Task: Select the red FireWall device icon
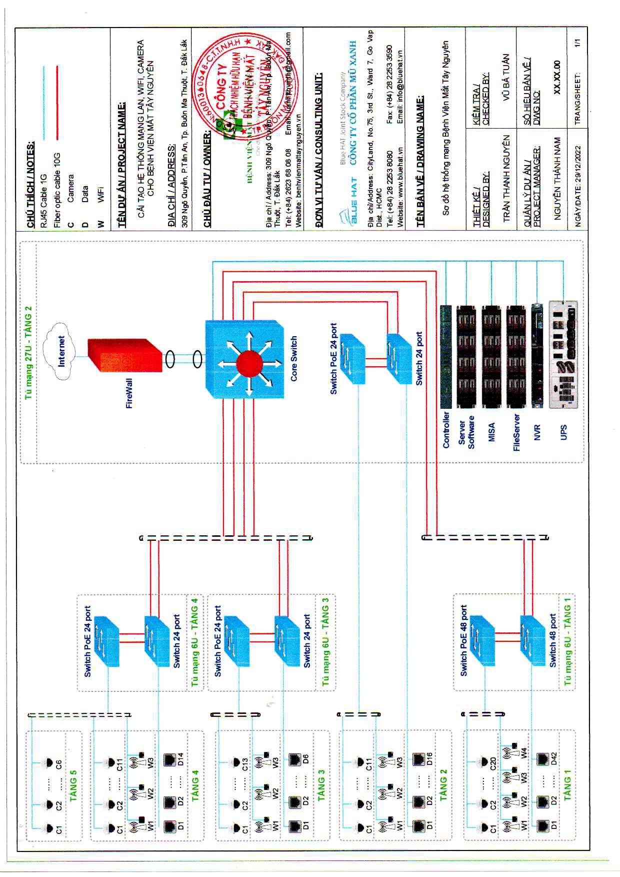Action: pos(125,356)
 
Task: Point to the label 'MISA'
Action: pos(492,432)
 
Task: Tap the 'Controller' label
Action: pos(446,429)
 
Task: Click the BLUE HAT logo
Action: pos(348,205)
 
